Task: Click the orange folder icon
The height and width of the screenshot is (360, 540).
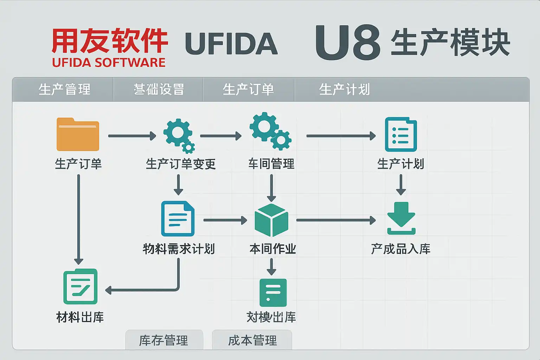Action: tap(78, 134)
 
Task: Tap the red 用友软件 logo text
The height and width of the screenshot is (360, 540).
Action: tap(110, 41)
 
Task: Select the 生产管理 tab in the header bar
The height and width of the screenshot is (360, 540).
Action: tap(64, 89)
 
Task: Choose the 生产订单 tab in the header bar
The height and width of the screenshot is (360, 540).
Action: tap(248, 89)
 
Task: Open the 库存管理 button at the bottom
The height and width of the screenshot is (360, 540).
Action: tap(164, 340)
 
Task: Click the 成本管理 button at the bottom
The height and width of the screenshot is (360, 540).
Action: tap(252, 340)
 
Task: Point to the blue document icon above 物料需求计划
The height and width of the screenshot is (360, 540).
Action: tap(178, 219)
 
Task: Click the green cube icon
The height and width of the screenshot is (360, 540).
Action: tap(271, 220)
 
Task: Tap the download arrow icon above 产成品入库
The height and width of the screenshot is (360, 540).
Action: tap(401, 218)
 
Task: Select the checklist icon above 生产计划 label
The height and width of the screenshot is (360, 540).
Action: tap(401, 134)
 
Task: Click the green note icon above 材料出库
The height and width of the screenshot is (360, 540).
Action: tap(81, 287)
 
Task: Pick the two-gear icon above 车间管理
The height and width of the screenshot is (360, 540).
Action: tap(270, 131)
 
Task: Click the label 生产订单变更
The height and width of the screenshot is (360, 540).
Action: tap(180, 164)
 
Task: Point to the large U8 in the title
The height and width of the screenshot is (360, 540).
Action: tap(347, 43)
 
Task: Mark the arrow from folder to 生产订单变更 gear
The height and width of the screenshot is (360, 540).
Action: tap(132, 136)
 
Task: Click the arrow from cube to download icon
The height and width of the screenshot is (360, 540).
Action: tap(336, 220)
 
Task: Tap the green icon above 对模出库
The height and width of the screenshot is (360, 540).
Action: tap(273, 292)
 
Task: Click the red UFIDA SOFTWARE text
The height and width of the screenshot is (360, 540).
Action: tap(109, 63)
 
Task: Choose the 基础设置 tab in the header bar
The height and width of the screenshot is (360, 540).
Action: tap(159, 89)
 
